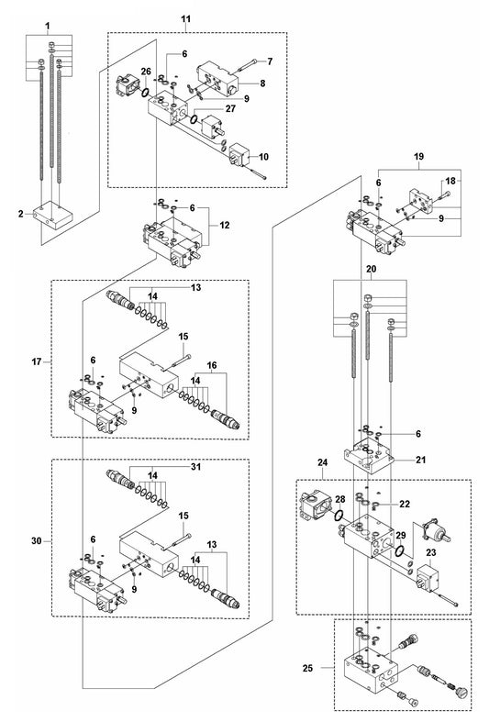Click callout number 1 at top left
tap(49, 19)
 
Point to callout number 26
tap(146, 72)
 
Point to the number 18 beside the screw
tap(449, 181)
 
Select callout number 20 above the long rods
tap(370, 269)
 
